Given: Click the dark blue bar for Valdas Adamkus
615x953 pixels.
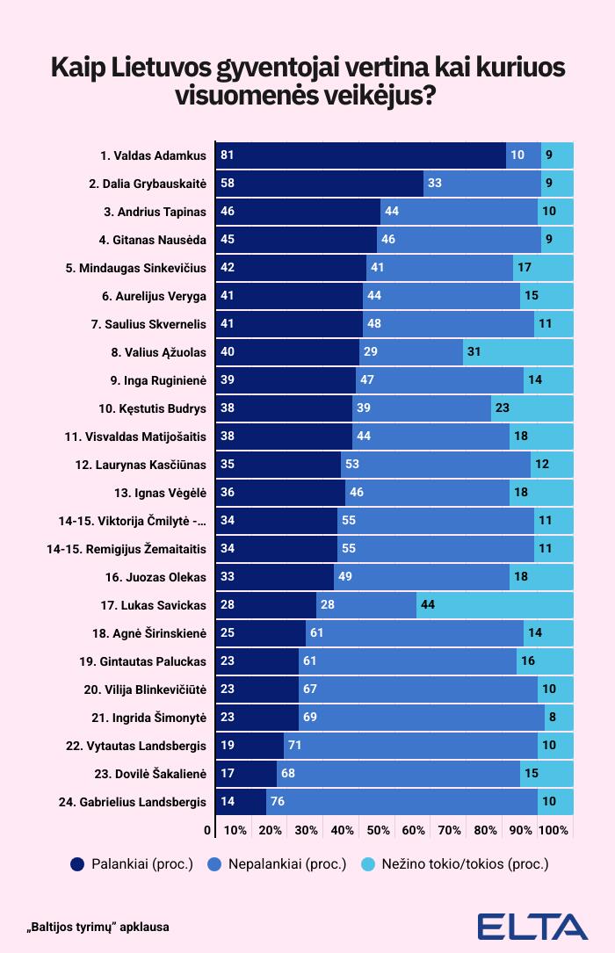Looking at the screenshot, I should [360, 155].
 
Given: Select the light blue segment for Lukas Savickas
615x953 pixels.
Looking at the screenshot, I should [495, 605].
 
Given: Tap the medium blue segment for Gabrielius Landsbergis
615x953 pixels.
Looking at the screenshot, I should [402, 802].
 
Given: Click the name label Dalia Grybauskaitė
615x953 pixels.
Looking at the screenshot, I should [148, 184].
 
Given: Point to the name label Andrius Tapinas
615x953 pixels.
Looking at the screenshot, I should [156, 212].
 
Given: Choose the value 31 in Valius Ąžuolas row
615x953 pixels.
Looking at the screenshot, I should [474, 352].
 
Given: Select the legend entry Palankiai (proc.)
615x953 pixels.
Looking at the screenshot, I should [132, 863].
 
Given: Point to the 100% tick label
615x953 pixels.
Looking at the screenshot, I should [553, 830].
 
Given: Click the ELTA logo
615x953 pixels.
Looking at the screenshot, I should [532, 927].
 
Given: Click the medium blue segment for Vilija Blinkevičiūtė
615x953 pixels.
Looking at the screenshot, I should [417, 689].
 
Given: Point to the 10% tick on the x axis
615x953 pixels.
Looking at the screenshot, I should [235, 830].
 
